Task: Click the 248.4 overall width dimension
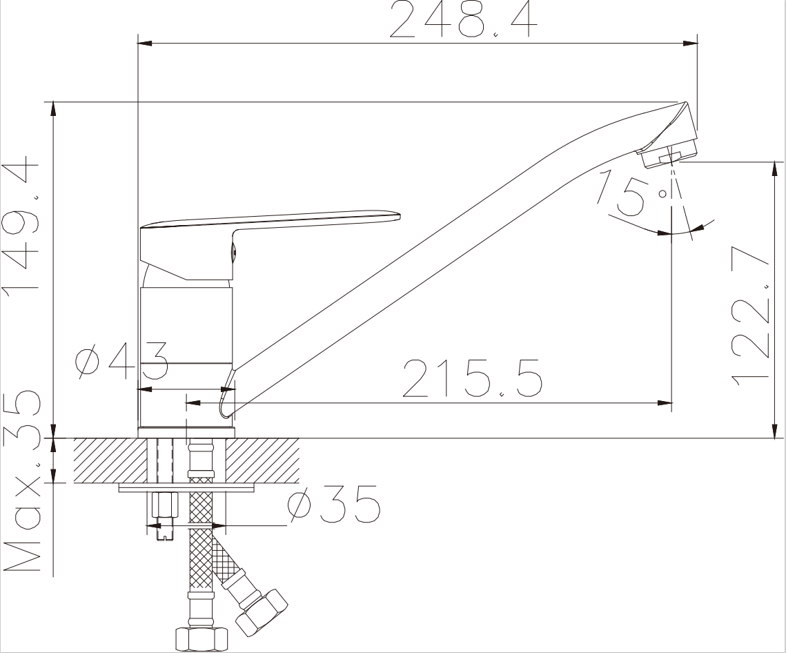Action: click(463, 20)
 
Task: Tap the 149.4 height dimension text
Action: click(21, 224)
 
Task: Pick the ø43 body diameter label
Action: click(122, 360)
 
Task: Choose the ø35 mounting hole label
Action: click(334, 504)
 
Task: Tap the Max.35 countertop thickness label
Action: click(21, 482)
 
